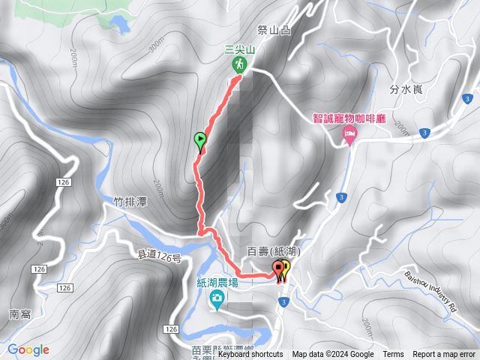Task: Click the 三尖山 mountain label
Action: click(240, 49)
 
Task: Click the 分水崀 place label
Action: click(407, 90)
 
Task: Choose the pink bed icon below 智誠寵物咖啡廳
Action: click(349, 134)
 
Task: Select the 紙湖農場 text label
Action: click(217, 283)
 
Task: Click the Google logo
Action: click(28, 349)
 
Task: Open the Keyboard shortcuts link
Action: click(250, 355)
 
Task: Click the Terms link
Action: click(393, 355)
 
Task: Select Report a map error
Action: click(444, 355)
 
